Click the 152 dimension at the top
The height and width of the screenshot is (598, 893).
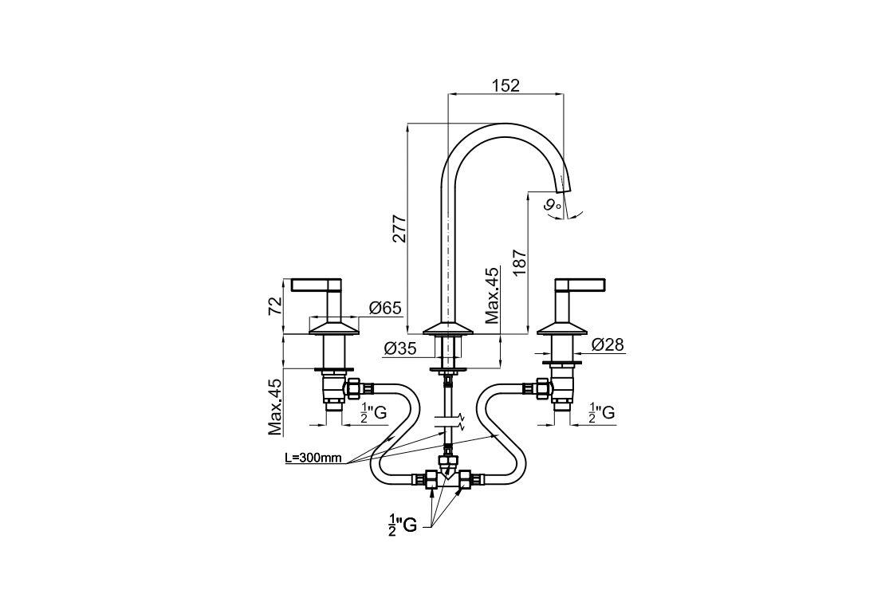point(506,85)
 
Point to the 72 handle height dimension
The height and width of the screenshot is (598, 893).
point(275,306)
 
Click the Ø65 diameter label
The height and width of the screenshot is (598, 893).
point(384,309)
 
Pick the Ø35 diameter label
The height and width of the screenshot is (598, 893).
point(400,348)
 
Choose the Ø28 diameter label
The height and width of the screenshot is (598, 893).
point(608,344)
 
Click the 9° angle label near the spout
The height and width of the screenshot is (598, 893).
point(553,206)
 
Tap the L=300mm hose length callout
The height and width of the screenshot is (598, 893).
point(313,458)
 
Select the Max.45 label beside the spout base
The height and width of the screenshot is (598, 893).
point(493,296)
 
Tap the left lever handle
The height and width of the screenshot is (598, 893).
point(316,284)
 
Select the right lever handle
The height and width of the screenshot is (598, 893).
point(580,284)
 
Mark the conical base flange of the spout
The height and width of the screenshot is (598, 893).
point(449,328)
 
